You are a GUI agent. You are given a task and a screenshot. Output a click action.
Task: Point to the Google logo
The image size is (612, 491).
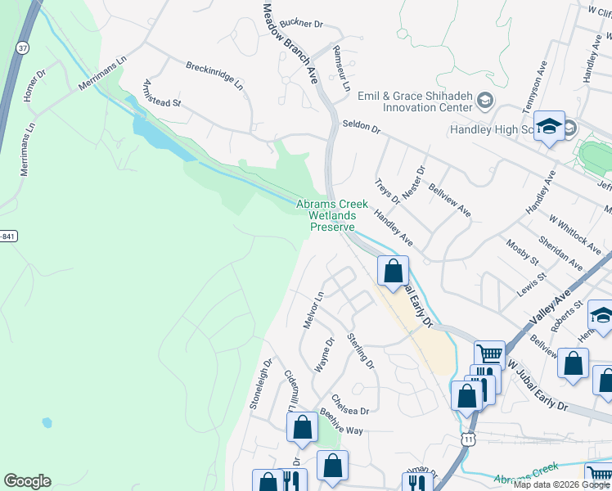pyautogui.click(x=27, y=481)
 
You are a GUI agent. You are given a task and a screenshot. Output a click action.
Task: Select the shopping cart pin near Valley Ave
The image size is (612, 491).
pyautogui.click(x=489, y=354)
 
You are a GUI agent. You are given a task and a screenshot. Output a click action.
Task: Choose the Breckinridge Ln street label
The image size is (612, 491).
pyautogui.click(x=214, y=74)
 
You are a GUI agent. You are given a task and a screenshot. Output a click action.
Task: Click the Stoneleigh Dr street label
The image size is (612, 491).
pyautogui.click(x=260, y=383)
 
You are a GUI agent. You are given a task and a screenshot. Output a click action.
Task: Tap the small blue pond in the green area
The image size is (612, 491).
pyautogui.click(x=47, y=422)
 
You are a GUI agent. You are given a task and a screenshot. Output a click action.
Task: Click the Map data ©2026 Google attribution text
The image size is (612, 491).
pyautogui.click(x=561, y=484)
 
